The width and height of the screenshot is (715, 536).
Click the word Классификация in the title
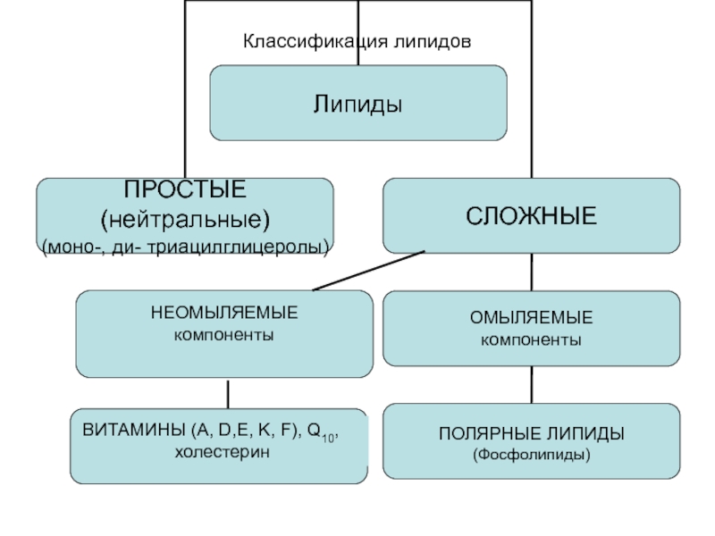point(315,42)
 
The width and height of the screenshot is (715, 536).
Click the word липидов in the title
point(433,41)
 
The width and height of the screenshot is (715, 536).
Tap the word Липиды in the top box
point(358,104)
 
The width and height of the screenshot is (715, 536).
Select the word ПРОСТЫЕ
point(185,189)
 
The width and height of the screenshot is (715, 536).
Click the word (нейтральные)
point(185,220)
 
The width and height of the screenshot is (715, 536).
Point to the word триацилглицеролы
point(239,247)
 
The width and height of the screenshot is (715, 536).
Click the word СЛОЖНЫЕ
point(531,216)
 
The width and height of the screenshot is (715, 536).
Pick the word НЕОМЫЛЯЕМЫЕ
point(224,313)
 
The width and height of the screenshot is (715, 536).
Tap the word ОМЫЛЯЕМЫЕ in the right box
point(531,318)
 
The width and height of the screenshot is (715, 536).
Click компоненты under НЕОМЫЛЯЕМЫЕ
point(224,336)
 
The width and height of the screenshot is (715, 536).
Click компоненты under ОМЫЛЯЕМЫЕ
point(531,340)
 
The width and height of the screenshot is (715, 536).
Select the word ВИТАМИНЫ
point(133,430)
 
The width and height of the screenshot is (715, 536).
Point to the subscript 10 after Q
point(328,439)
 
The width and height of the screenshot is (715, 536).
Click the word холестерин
point(222,452)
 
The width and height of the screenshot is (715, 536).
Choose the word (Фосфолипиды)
point(531,455)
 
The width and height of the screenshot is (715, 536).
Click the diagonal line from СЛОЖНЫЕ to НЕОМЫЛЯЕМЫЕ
point(369,271)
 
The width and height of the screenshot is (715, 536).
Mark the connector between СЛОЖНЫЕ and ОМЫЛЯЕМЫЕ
point(532,272)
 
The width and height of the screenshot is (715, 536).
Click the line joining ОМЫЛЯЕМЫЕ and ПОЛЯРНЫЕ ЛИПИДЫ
point(532,385)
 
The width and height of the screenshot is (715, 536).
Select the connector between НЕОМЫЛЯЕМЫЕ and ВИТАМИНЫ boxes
point(228,395)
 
